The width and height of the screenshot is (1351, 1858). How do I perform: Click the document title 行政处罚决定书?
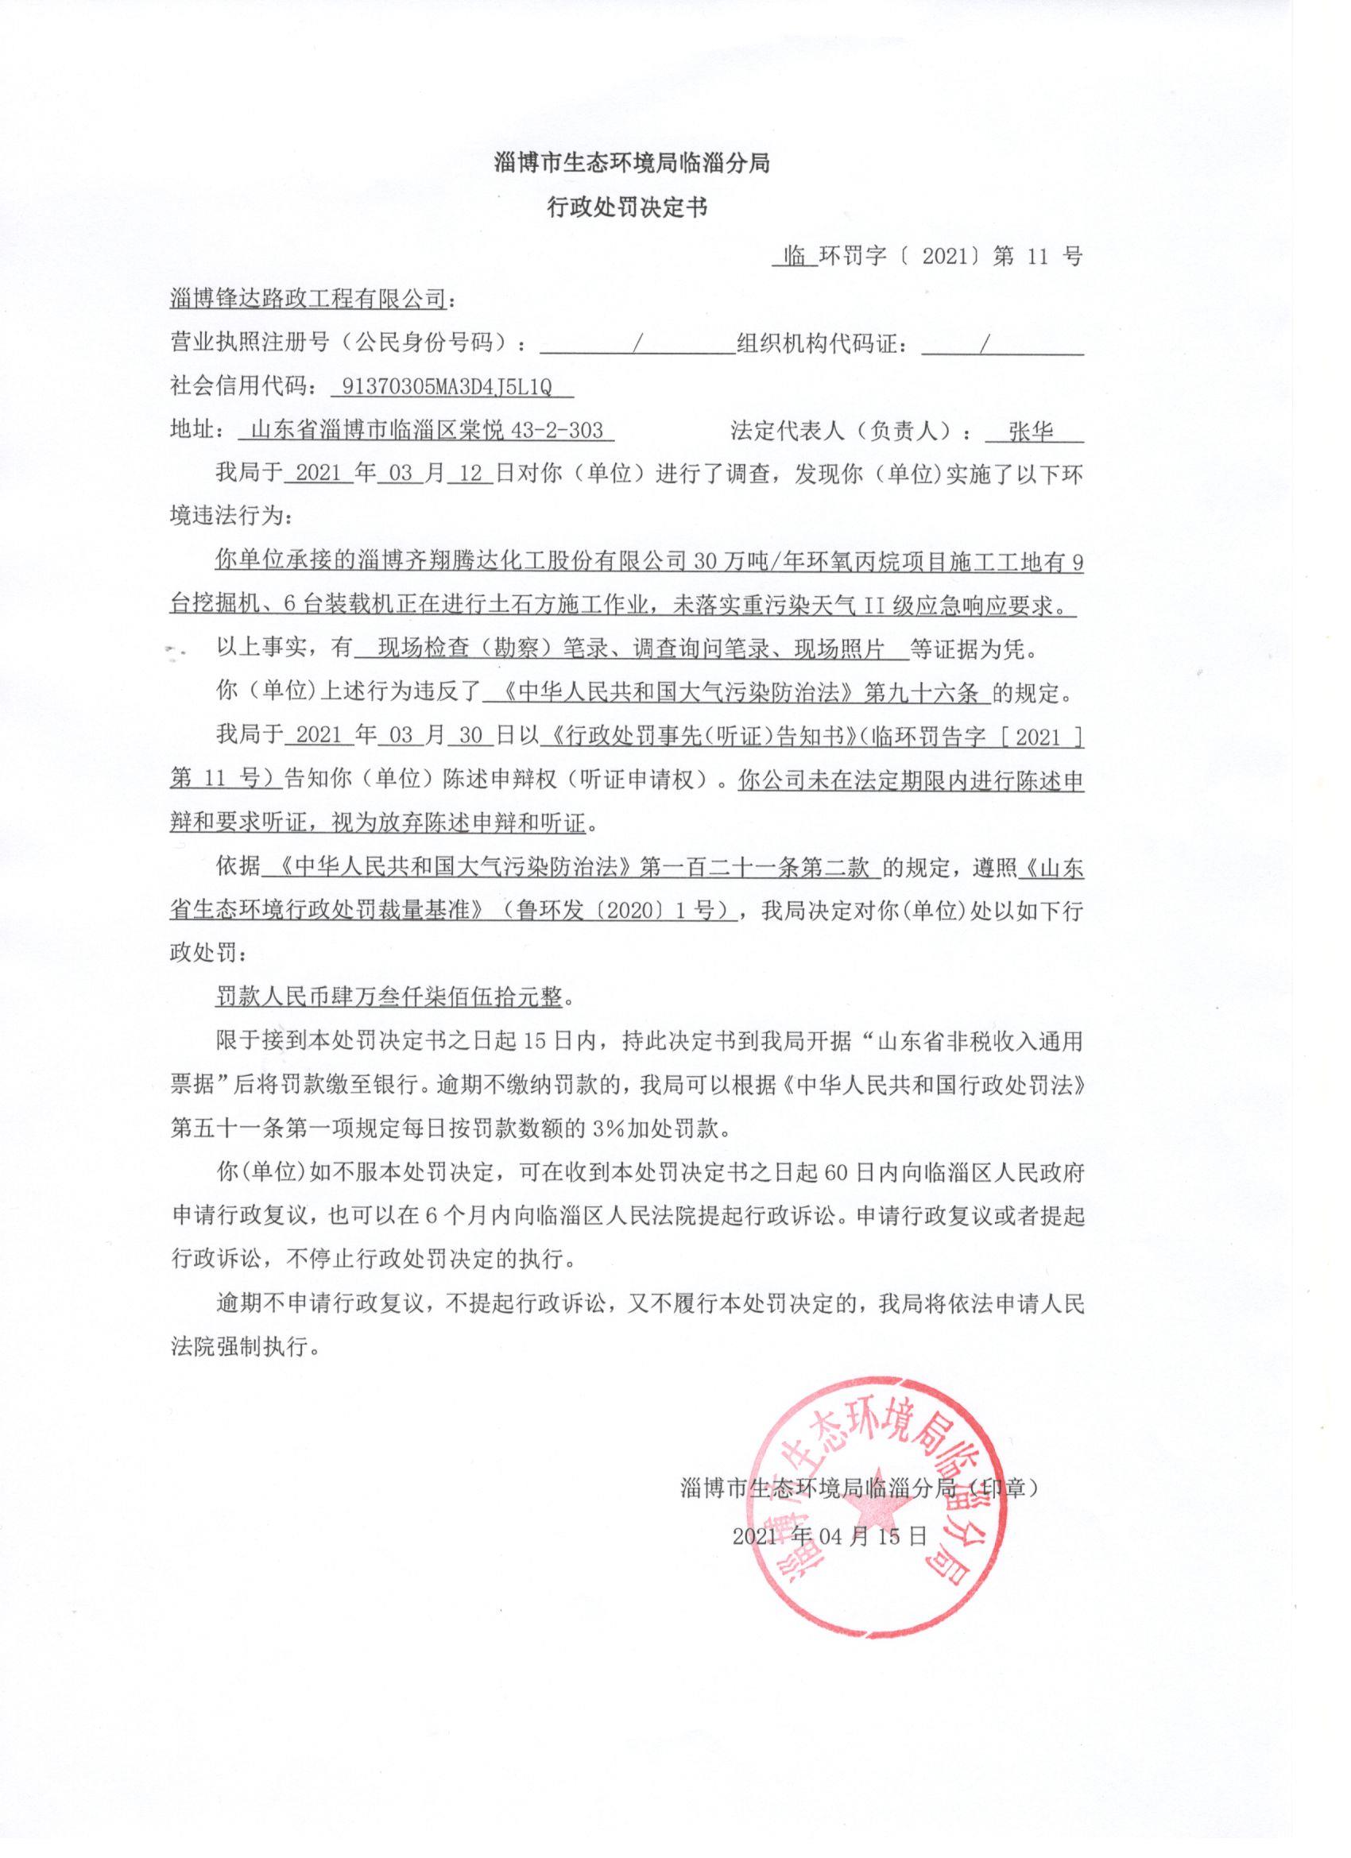click(627, 208)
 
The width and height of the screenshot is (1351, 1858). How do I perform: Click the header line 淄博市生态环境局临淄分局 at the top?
click(632, 164)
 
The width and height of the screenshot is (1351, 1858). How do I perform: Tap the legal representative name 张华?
click(1032, 431)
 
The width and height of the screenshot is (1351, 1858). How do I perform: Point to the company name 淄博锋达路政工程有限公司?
click(308, 300)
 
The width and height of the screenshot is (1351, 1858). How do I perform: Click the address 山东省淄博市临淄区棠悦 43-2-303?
click(427, 431)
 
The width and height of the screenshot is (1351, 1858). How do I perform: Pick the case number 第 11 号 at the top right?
click(1037, 257)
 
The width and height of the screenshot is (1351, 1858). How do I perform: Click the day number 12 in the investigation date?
click(471, 474)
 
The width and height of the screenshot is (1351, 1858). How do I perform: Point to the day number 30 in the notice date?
click(471, 737)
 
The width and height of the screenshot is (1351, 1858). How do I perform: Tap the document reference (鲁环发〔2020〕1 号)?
click(615, 912)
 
